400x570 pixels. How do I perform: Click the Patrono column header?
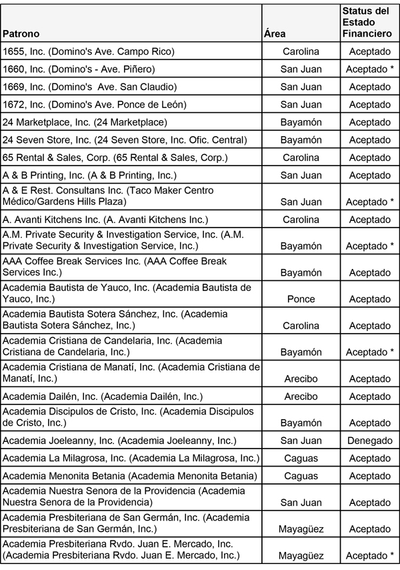pyautogui.click(x=21, y=33)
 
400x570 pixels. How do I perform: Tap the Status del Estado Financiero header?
pyautogui.click(x=365, y=22)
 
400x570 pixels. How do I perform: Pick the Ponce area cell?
pyautogui.click(x=301, y=299)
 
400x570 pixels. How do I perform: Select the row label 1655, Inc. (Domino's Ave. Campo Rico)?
pyautogui.click(x=89, y=51)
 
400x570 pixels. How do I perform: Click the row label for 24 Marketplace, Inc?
pyautogui.click(x=85, y=122)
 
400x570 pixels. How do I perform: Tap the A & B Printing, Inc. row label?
pyautogui.click(x=89, y=176)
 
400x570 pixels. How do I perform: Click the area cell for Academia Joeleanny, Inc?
pyautogui.click(x=301, y=441)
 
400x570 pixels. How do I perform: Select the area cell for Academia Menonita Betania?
pyautogui.click(x=301, y=476)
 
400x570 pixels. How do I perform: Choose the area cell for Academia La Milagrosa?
pyautogui.click(x=301, y=459)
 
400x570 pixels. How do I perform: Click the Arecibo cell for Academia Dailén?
pyautogui.click(x=301, y=396)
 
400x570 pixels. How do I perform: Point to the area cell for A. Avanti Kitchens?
pyautogui.click(x=301, y=220)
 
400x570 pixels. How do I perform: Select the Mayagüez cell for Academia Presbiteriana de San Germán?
pyautogui.click(x=301, y=529)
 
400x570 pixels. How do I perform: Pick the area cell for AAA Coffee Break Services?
pyautogui.click(x=301, y=272)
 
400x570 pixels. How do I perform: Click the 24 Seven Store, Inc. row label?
pyautogui.click(x=125, y=139)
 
